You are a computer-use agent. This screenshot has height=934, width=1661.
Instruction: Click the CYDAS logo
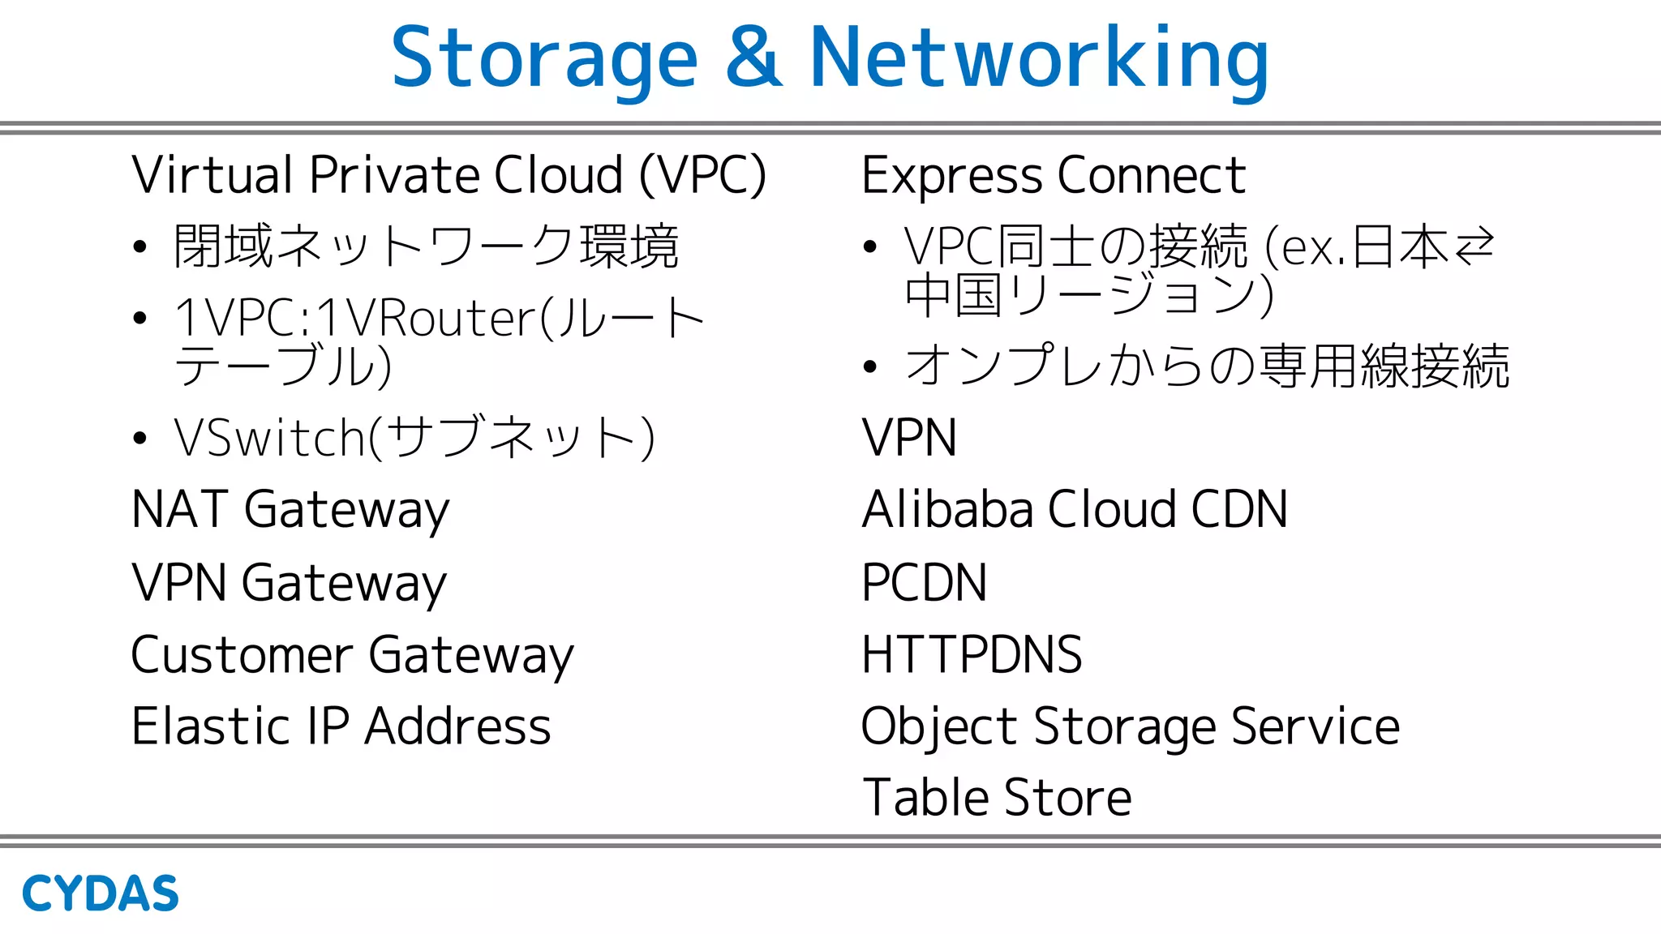click(100, 893)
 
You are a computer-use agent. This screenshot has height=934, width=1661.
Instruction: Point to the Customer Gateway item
click(352, 654)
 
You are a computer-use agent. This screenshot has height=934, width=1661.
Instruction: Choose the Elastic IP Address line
click(341, 726)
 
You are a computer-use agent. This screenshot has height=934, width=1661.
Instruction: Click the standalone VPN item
click(908, 438)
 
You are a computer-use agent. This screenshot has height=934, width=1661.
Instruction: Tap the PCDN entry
click(924, 582)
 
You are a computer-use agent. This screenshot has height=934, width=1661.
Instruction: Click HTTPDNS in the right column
click(972, 654)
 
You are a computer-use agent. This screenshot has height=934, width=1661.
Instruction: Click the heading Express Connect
click(1053, 175)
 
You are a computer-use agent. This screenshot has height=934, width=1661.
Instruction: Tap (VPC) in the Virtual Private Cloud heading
click(702, 175)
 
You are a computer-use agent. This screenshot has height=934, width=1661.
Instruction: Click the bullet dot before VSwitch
click(140, 439)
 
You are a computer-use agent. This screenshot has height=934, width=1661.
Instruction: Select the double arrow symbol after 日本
click(1474, 246)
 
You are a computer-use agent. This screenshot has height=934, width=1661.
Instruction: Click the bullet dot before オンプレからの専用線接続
click(870, 366)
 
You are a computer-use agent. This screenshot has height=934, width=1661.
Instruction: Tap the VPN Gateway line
click(289, 582)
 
